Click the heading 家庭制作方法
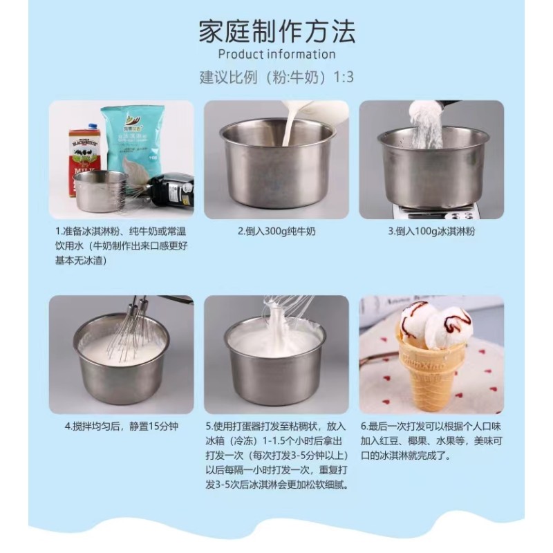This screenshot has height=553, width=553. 276,31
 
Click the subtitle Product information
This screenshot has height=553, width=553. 276,55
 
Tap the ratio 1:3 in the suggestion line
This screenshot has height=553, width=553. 343,77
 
